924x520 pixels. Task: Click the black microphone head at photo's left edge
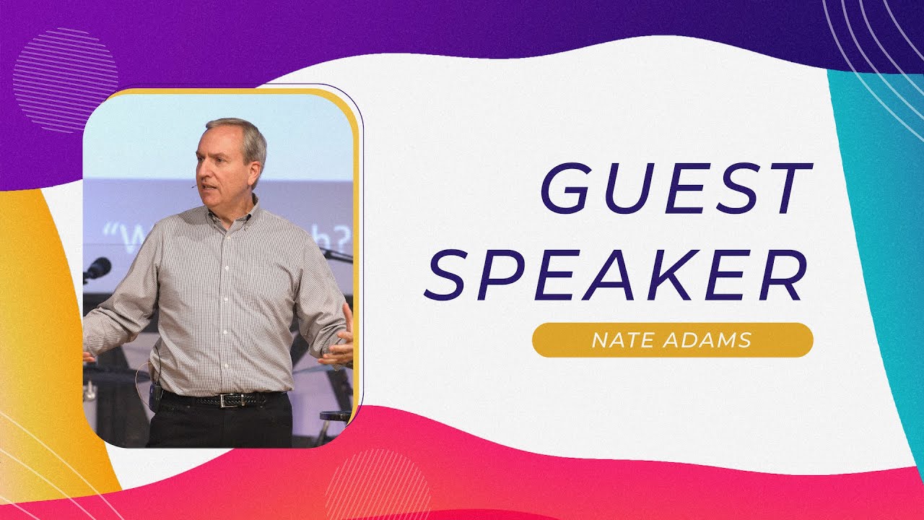click(98, 268)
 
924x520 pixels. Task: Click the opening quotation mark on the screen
click(110, 232)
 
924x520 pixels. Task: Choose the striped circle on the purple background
click(65, 79)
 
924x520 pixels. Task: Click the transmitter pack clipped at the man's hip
click(154, 396)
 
